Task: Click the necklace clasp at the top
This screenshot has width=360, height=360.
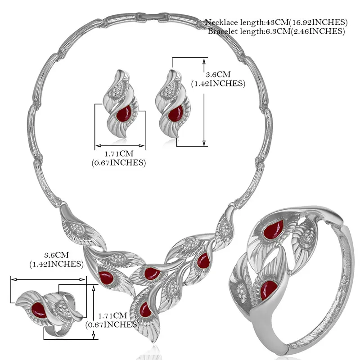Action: click(153, 18)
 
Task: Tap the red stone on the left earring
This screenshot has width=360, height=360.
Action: click(124, 113)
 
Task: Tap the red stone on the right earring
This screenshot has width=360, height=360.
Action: click(175, 113)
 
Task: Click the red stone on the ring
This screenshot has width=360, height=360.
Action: click(39, 310)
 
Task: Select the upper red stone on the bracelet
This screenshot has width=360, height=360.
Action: click(273, 229)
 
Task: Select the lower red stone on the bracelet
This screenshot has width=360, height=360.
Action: click(269, 290)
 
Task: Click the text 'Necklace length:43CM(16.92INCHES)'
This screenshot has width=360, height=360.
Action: click(276, 22)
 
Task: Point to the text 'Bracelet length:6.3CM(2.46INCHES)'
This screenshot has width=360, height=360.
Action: click(276, 31)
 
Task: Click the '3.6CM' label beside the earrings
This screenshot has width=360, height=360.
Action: click(218, 74)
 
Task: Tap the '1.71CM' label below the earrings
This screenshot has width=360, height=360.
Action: click(119, 153)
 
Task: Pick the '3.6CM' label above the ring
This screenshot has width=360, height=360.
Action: click(57, 255)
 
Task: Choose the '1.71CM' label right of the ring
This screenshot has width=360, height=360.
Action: click(112, 316)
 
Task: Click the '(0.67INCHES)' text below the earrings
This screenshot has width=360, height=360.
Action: click(119, 162)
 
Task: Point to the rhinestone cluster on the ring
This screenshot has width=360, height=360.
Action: click(62, 307)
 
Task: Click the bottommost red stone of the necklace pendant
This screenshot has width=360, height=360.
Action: click(145, 310)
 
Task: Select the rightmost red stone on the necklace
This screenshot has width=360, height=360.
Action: click(203, 261)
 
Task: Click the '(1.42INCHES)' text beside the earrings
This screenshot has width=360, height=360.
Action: click(218, 83)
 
